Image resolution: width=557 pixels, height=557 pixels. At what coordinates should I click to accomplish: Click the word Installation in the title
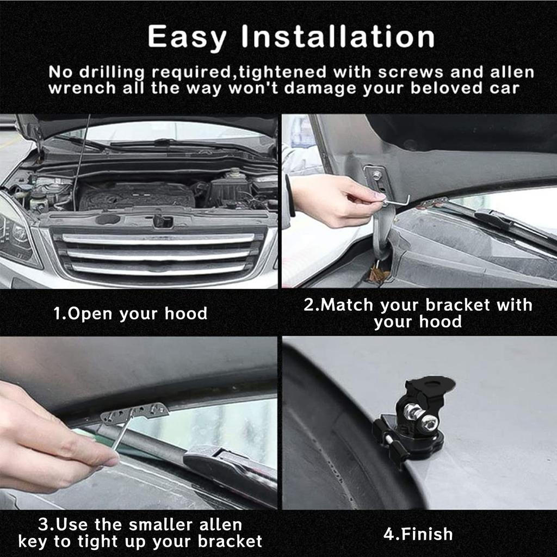(x=338, y=37)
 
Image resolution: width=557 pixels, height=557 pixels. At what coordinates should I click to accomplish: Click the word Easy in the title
(x=188, y=37)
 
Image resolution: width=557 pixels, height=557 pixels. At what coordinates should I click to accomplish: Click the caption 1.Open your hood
(x=131, y=314)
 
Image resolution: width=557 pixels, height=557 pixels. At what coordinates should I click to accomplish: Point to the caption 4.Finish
(x=418, y=534)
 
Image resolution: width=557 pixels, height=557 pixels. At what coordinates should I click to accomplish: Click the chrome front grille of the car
(x=158, y=253)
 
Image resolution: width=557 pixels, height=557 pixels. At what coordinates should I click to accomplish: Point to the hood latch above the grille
(x=162, y=220)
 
